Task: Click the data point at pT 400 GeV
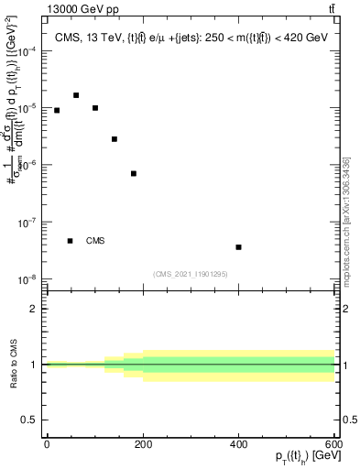tap(238, 247)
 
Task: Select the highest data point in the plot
tap(76, 95)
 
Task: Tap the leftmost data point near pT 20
tap(57, 110)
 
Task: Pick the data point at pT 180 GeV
tap(134, 173)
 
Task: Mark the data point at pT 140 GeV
tap(115, 139)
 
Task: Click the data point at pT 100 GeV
tap(95, 108)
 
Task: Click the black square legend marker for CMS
tap(71, 241)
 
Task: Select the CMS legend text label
tap(95, 241)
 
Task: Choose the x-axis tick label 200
tap(143, 443)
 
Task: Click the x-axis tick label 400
tap(238, 443)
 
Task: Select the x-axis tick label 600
tap(333, 443)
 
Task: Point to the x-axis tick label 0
tap(47, 443)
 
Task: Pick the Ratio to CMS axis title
tap(11, 365)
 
